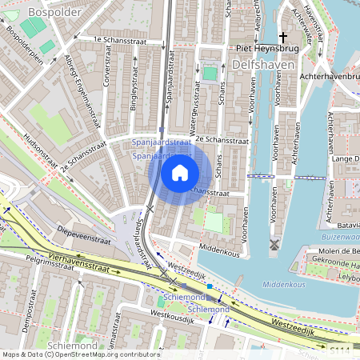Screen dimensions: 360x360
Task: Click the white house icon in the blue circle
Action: click(x=180, y=173)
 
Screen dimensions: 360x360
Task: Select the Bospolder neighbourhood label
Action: click(x=50, y=12)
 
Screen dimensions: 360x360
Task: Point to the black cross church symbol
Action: click(x=283, y=38)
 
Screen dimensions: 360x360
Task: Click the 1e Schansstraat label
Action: click(x=122, y=38)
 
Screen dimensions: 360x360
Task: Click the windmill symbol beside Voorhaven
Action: click(x=275, y=243)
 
